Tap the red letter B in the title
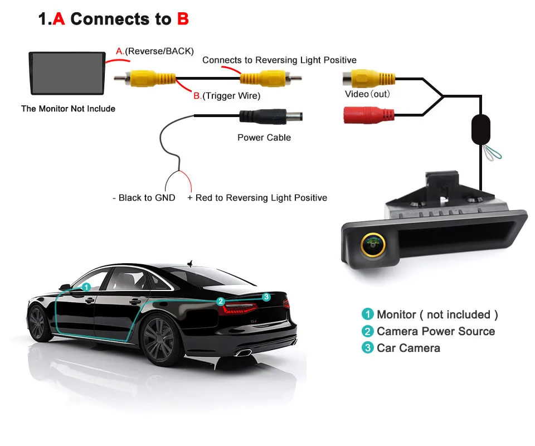point(183,20)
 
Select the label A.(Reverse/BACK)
point(155,51)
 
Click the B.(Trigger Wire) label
point(227,96)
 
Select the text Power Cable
point(264,138)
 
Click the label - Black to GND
point(144,198)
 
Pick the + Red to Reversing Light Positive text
point(257,198)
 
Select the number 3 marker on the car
point(266,297)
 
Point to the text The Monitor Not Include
point(68,109)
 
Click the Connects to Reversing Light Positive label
point(279,60)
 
